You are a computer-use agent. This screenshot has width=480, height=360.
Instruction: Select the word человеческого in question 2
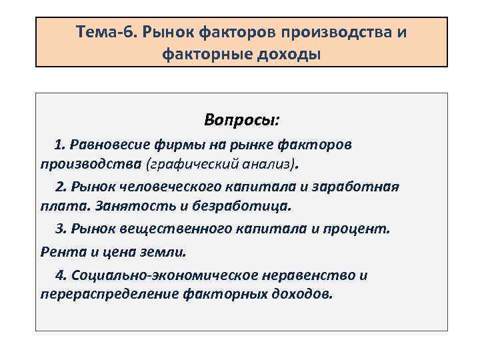coord(162,186)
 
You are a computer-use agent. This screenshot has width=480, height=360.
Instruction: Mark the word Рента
coord(60,252)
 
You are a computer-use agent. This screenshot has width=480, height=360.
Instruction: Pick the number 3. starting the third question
coord(61,228)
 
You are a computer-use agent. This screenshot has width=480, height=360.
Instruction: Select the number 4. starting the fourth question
coord(61,275)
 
